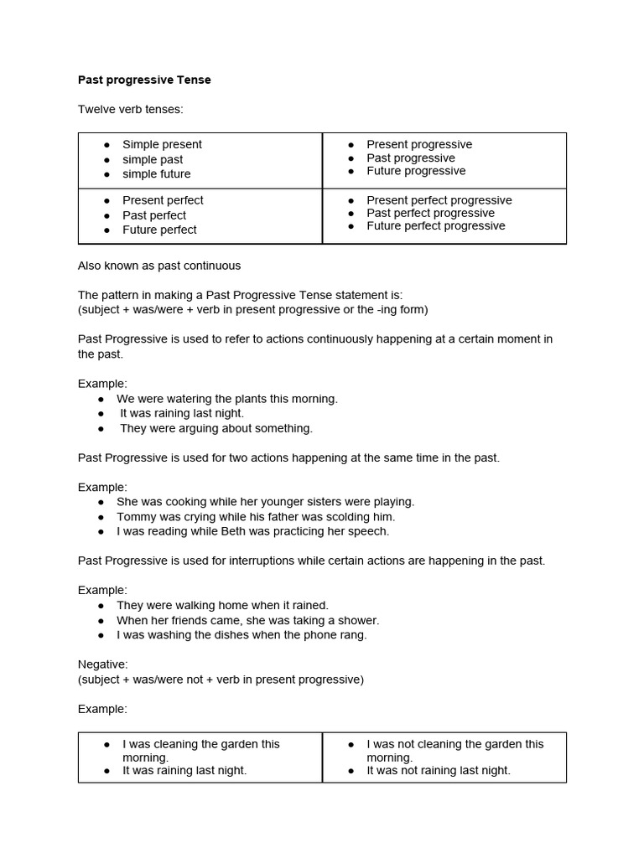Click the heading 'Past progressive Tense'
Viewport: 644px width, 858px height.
point(144,80)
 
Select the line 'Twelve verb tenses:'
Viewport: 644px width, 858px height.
point(130,110)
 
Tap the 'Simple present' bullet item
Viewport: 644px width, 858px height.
point(162,144)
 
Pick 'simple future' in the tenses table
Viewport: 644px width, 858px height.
point(156,174)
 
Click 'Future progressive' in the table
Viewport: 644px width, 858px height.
point(416,171)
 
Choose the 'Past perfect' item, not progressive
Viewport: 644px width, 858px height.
point(154,215)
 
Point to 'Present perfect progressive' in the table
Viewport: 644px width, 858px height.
point(439,200)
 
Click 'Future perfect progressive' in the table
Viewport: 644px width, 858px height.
point(435,226)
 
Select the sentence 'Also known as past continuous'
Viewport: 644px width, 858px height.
point(159,266)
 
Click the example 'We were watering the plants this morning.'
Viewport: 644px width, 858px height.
point(226,399)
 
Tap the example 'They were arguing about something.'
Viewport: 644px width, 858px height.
point(216,428)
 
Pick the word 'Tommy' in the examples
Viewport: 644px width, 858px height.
point(134,517)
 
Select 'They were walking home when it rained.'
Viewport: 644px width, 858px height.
point(222,605)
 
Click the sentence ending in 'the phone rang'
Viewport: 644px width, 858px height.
point(241,635)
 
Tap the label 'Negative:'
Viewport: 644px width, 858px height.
point(103,664)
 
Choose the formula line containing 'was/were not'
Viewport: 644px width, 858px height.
point(221,680)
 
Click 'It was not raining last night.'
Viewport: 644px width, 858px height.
point(438,771)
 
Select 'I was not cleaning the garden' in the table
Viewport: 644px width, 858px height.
point(454,744)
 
